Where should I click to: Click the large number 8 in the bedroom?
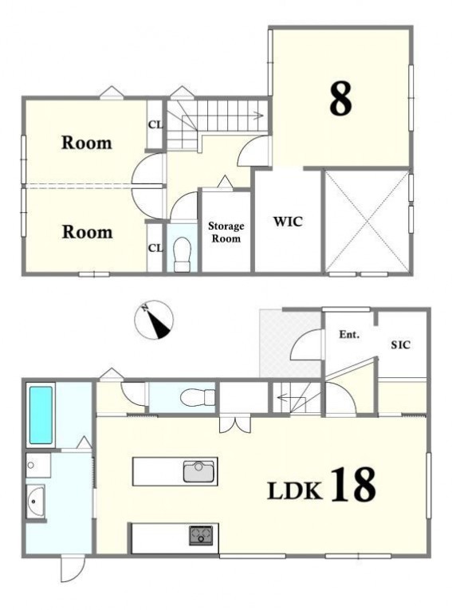click(x=340, y=99)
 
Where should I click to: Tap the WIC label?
click(x=288, y=222)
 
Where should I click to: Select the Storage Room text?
click(x=226, y=232)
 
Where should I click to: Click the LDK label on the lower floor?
click(x=295, y=490)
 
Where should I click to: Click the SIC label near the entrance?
click(x=401, y=344)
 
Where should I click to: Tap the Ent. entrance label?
click(x=349, y=334)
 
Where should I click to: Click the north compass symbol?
click(x=154, y=320)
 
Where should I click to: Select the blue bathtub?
click(x=41, y=415)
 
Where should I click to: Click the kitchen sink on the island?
click(x=198, y=471)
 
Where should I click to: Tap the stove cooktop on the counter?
click(x=201, y=535)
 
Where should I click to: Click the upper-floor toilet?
click(x=183, y=254)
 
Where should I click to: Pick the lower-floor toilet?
click(x=198, y=398)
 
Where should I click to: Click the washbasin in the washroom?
click(x=35, y=501)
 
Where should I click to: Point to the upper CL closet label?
click(x=155, y=125)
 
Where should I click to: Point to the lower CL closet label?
click(x=155, y=248)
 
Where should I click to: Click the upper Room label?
click(x=87, y=143)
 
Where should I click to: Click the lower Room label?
click(x=87, y=232)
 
